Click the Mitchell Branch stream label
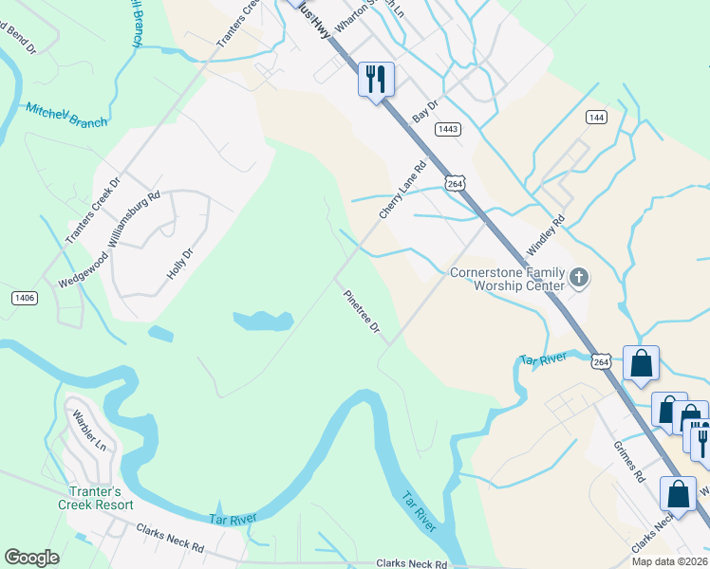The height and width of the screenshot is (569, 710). pos(65,116)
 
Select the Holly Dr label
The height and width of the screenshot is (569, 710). pos(179,263)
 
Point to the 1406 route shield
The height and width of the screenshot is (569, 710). pos(25,298)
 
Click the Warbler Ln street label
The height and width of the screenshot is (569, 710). pos(93,437)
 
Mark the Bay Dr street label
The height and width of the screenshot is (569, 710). pos(426,111)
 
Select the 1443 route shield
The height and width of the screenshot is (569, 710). pos(449,128)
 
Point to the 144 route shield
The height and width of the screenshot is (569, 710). pos(596,117)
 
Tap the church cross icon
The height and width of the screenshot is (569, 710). pos(578,279)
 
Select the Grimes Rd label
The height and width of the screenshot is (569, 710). pos(628,461)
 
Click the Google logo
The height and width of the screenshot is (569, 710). pos(31,558)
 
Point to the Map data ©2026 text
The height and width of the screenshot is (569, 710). pos(670,561)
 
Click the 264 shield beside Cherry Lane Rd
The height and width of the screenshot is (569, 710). pos(453,182)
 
